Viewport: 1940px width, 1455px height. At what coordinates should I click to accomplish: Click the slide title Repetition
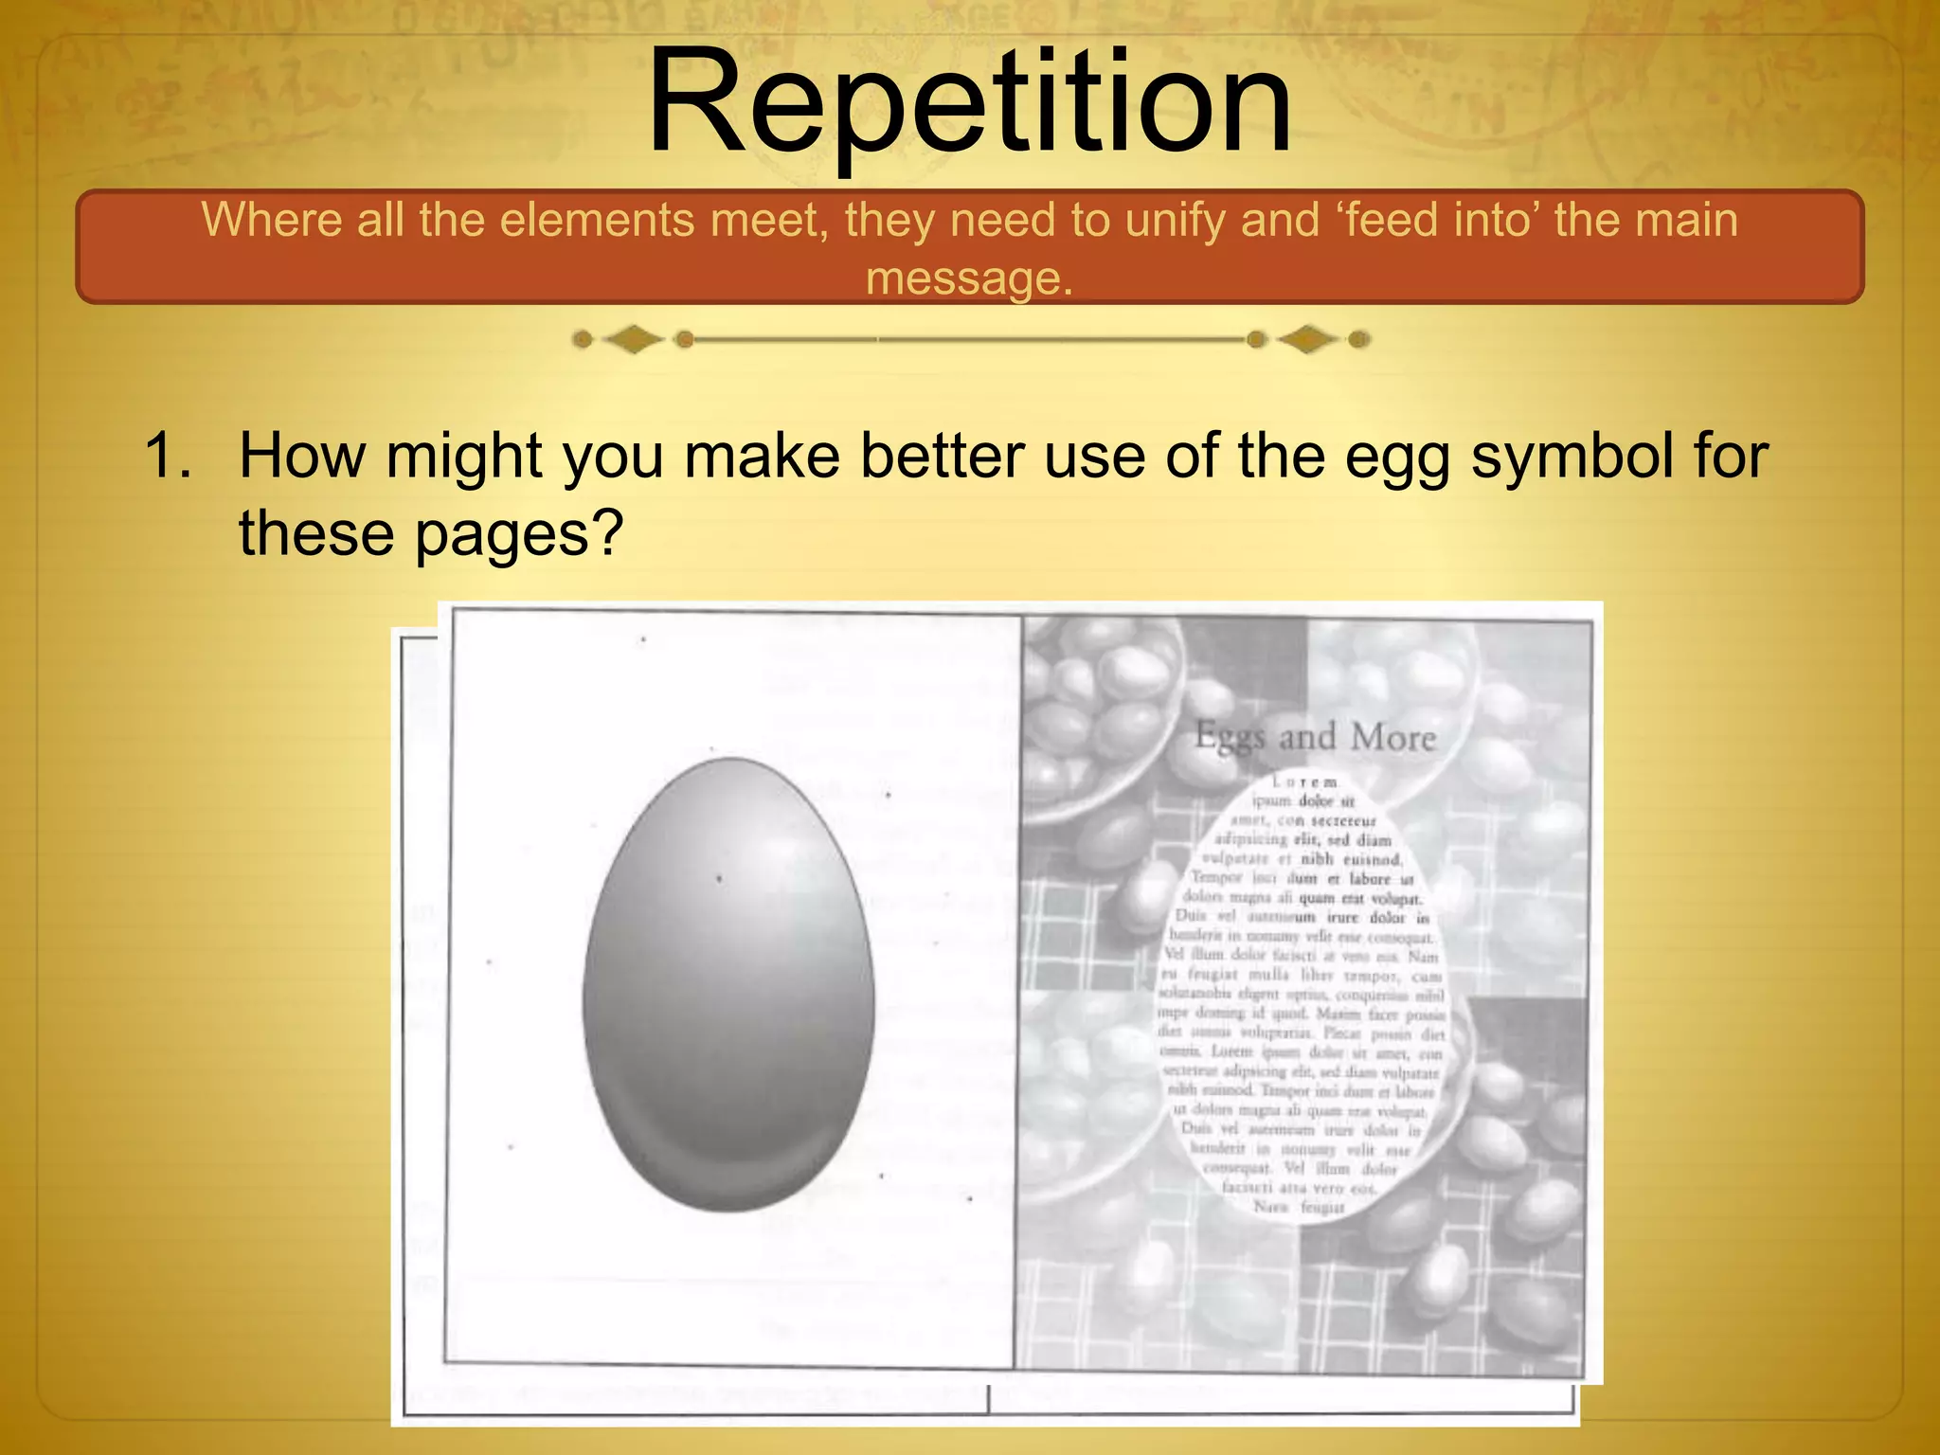(968, 102)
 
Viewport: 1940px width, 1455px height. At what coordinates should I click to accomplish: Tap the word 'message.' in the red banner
(969, 278)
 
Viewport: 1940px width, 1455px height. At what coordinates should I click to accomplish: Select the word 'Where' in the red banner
(272, 220)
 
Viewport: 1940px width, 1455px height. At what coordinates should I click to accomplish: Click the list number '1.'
(168, 456)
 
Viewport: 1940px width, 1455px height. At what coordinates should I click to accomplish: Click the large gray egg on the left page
(727, 985)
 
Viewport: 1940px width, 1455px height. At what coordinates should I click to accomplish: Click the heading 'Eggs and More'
(1315, 737)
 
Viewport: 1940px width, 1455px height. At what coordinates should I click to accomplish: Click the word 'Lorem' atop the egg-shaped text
(1305, 782)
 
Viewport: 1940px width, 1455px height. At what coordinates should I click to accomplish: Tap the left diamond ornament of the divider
(633, 339)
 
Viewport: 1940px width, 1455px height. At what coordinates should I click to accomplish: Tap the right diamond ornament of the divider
(1307, 339)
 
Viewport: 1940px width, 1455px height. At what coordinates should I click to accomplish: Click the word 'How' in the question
(301, 456)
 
